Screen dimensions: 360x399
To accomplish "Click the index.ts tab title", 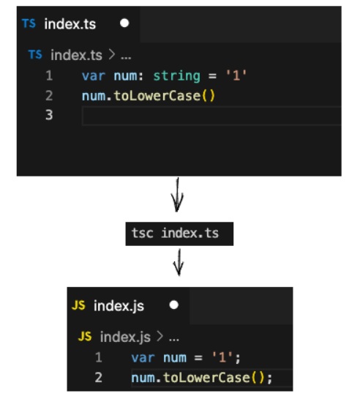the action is tap(70, 24).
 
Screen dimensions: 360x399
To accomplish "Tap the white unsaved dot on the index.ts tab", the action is tap(124, 23).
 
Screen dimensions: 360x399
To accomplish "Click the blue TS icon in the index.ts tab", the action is tap(29, 23).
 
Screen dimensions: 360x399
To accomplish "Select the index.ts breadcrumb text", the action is tap(76, 55).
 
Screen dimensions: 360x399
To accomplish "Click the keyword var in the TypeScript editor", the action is tap(94, 76).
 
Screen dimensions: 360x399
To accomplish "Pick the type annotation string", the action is tap(176, 76).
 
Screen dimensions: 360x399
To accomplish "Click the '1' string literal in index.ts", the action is tap(236, 75).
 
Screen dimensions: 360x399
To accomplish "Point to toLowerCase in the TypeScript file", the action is tap(157, 96).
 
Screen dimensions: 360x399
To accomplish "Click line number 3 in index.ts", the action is tap(49, 115).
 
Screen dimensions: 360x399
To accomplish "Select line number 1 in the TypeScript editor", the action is tap(49, 75).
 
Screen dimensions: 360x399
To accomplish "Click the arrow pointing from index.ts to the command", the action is tap(177, 195).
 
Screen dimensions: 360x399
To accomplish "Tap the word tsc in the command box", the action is tap(143, 233).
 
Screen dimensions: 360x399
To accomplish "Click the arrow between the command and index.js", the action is tap(179, 262).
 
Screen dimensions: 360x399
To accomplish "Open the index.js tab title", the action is tap(119, 306).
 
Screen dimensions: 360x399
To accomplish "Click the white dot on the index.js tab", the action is tap(174, 305).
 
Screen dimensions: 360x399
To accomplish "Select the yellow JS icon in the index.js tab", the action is tap(78, 305).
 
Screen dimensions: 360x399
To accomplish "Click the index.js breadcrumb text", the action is tap(125, 338).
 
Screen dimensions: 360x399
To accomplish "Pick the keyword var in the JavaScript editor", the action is tap(143, 358).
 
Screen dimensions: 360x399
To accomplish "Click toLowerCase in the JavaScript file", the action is tap(206, 378).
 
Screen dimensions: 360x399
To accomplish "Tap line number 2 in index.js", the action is tap(98, 378).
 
